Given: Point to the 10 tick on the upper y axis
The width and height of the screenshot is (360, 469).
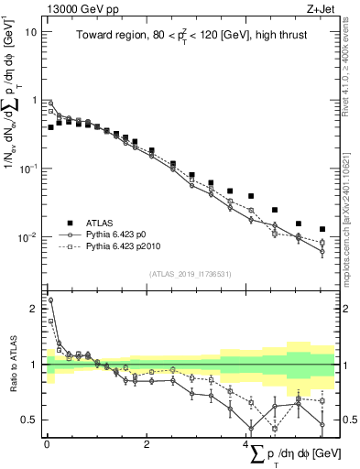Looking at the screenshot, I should (30, 31).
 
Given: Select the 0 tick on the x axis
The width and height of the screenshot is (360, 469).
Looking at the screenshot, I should (47, 443).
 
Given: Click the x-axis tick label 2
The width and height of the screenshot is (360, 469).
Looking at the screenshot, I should (147, 443).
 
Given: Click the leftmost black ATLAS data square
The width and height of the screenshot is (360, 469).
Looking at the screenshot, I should (50, 127).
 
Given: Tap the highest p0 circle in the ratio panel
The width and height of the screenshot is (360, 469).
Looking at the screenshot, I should (50, 300).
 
